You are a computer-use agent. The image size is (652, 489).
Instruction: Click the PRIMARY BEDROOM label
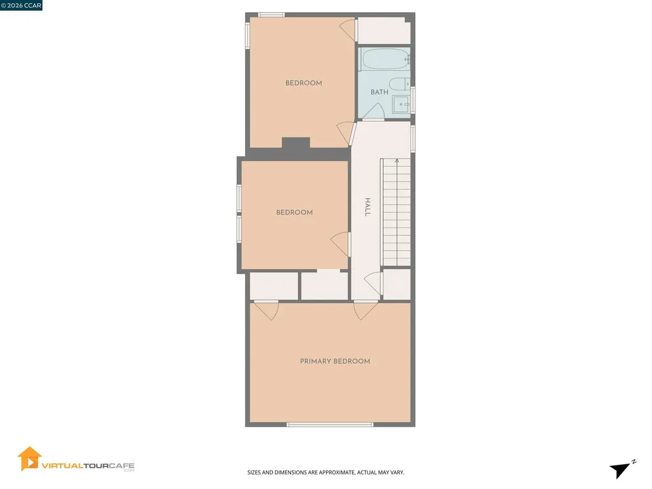(x=335, y=361)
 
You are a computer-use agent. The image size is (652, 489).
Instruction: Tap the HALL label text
(x=367, y=207)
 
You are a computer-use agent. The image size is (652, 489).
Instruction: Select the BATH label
(x=379, y=92)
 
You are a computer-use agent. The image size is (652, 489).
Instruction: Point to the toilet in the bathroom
(x=400, y=84)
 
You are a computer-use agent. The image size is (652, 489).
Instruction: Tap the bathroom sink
(x=401, y=104)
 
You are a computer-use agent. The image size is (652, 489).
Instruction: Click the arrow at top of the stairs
(x=397, y=162)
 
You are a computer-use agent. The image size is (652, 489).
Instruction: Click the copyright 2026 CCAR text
(x=21, y=6)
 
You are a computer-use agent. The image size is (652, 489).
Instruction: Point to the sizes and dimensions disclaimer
(x=326, y=472)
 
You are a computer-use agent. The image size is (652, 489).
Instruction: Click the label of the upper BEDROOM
(x=304, y=83)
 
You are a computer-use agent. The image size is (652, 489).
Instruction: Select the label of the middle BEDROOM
(x=294, y=212)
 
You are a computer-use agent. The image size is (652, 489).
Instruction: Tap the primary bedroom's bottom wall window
(x=330, y=424)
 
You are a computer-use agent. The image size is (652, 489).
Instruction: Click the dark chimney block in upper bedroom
(x=295, y=143)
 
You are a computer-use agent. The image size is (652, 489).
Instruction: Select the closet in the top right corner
(x=383, y=30)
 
